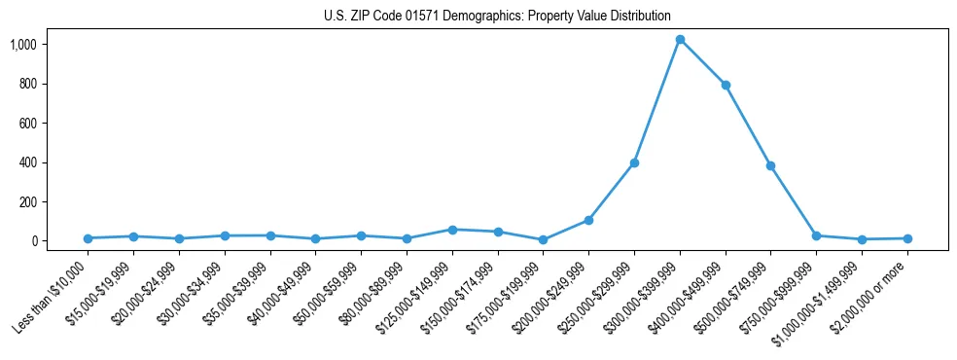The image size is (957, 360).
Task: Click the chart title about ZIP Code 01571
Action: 497,16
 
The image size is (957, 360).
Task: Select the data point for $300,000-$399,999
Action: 680,40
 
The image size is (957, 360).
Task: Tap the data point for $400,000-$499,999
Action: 726,85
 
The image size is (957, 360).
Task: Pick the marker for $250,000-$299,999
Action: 634,162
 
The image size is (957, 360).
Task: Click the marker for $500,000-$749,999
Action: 770,165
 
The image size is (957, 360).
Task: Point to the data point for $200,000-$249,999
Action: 588,220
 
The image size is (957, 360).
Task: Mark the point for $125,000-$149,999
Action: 452,230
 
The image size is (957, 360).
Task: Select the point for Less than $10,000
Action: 88,238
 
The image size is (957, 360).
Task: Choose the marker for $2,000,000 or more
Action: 907,238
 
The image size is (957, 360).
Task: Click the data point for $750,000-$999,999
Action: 816,235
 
